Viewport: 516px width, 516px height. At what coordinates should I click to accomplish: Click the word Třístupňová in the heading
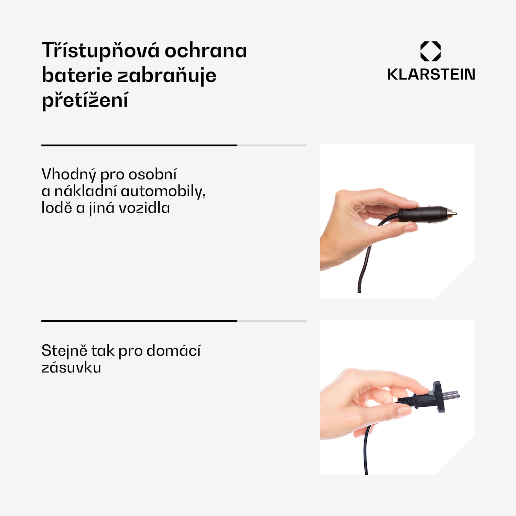(x=100, y=51)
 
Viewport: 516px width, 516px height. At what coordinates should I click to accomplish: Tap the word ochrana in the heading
(x=206, y=51)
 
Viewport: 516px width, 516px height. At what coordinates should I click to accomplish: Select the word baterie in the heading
(x=77, y=75)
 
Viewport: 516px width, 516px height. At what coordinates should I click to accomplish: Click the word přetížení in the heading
(x=85, y=100)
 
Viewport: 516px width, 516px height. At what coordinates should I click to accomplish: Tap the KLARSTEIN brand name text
(x=431, y=75)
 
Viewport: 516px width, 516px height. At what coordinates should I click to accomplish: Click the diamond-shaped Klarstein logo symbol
(x=430, y=51)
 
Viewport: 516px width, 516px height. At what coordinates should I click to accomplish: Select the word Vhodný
(x=68, y=175)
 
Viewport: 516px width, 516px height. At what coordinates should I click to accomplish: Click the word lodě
(x=57, y=208)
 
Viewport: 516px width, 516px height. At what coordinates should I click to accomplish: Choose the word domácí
(x=173, y=351)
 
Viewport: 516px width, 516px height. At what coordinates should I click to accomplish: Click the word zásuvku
(x=71, y=368)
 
